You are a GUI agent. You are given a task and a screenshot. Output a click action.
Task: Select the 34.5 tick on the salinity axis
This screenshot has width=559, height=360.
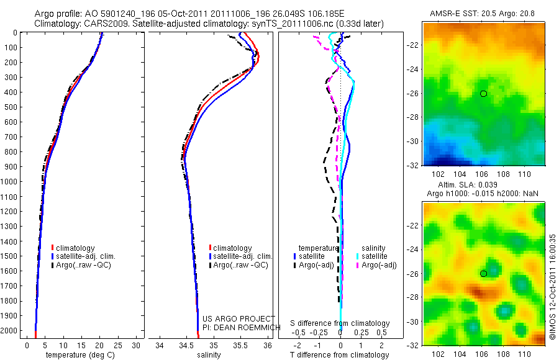pos(186,344)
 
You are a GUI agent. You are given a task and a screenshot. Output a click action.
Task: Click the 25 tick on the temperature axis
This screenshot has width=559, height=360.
pos(119,344)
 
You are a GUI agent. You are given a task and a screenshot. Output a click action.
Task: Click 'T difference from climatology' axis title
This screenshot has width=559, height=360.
pos(340,355)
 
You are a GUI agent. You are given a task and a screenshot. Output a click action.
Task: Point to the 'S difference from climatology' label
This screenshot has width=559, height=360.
pos(340,323)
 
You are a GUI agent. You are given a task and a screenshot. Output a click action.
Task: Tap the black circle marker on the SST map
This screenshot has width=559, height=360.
pos(483,94)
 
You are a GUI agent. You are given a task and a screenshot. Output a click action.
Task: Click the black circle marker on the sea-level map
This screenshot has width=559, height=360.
pos(483,274)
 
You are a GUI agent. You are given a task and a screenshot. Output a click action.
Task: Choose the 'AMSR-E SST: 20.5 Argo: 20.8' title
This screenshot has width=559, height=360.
pos(483,13)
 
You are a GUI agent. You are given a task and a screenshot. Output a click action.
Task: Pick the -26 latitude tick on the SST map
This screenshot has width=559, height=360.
pos(412,94)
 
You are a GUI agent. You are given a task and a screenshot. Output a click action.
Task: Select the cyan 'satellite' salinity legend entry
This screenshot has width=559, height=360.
pos(374,256)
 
